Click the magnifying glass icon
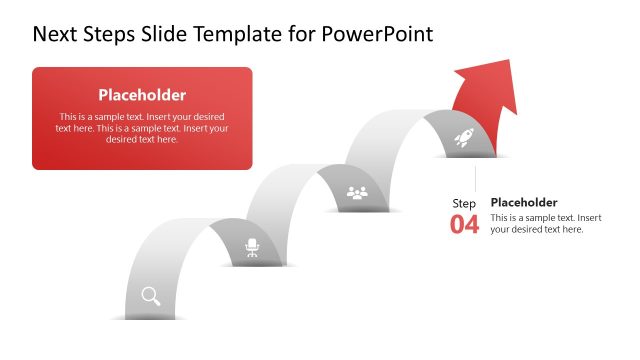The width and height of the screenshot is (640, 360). point(151,295)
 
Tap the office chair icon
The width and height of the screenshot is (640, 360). point(252,246)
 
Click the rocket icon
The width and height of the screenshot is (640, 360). point(464,140)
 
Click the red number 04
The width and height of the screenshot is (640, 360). point(464,224)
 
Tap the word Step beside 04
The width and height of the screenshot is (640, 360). point(464,204)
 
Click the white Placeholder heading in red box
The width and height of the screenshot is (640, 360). point(142,95)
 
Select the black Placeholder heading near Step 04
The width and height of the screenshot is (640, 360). point(524,201)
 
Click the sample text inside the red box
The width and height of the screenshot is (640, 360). point(142,128)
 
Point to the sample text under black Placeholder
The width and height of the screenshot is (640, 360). point(545,223)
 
